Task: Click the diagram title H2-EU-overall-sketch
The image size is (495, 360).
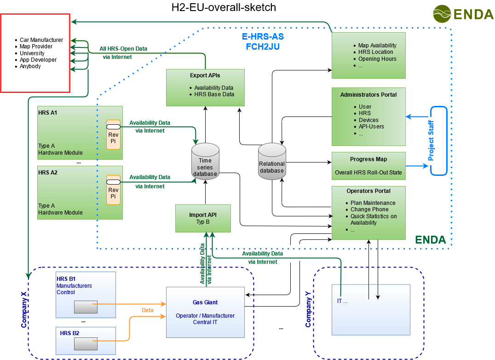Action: point(224,7)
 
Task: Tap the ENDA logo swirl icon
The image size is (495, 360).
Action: point(442,14)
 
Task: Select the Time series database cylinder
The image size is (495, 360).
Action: point(205,161)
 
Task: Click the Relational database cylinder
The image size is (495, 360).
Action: point(272,161)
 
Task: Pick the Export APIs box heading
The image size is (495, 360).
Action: point(205,75)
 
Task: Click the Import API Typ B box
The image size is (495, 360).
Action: point(203,218)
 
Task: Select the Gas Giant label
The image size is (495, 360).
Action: point(205,302)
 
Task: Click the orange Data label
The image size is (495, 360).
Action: point(147,310)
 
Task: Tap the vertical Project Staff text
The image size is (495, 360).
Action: point(431,141)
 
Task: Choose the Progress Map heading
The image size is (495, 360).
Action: point(368,159)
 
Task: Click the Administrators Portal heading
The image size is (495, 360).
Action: point(368,95)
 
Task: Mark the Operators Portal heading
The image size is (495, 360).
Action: point(368,191)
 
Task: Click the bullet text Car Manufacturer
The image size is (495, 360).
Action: point(41,40)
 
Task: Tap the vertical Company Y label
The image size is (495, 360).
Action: point(309,312)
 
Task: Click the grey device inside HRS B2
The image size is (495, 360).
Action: point(86,343)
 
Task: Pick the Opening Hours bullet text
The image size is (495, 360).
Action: point(377,59)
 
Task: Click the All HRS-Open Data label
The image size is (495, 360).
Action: point(123,48)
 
